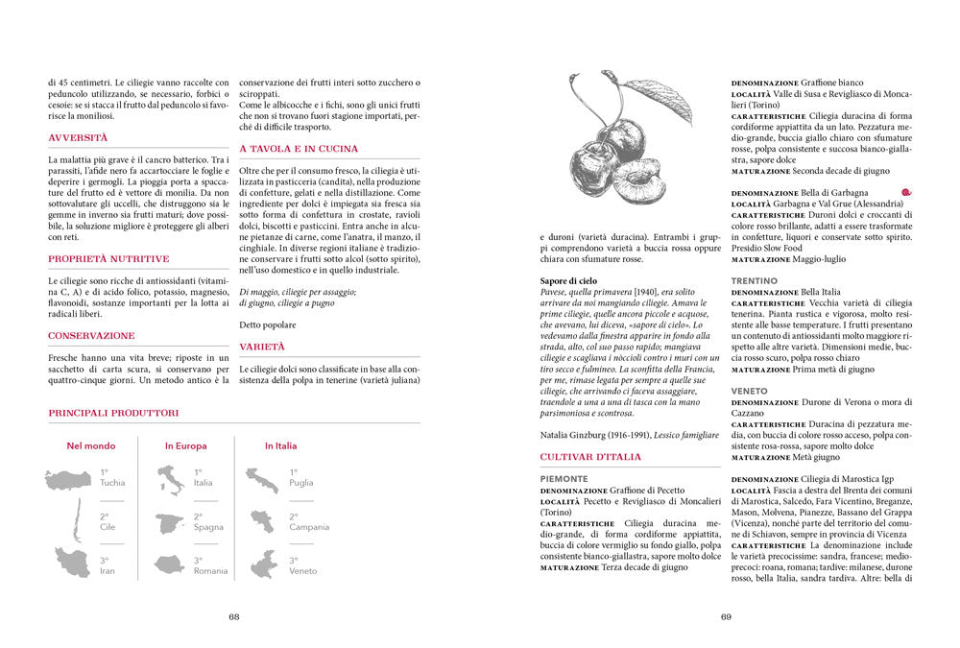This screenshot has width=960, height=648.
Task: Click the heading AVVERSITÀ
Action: tap(78, 138)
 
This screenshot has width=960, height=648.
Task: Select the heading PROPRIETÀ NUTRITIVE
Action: tap(108, 258)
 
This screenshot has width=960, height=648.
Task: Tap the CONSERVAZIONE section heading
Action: tap(91, 336)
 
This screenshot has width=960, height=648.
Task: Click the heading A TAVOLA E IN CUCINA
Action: tap(299, 149)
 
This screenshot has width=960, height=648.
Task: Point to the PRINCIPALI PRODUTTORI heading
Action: tap(113, 413)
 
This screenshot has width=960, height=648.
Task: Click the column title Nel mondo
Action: tap(90, 445)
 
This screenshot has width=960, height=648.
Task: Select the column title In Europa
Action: tap(185, 445)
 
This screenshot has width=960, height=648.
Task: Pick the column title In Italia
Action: tap(280, 445)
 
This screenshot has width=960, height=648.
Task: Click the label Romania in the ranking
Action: tap(211, 571)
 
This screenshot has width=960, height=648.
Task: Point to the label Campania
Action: tap(309, 527)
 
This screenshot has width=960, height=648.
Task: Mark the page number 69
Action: tap(727, 617)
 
